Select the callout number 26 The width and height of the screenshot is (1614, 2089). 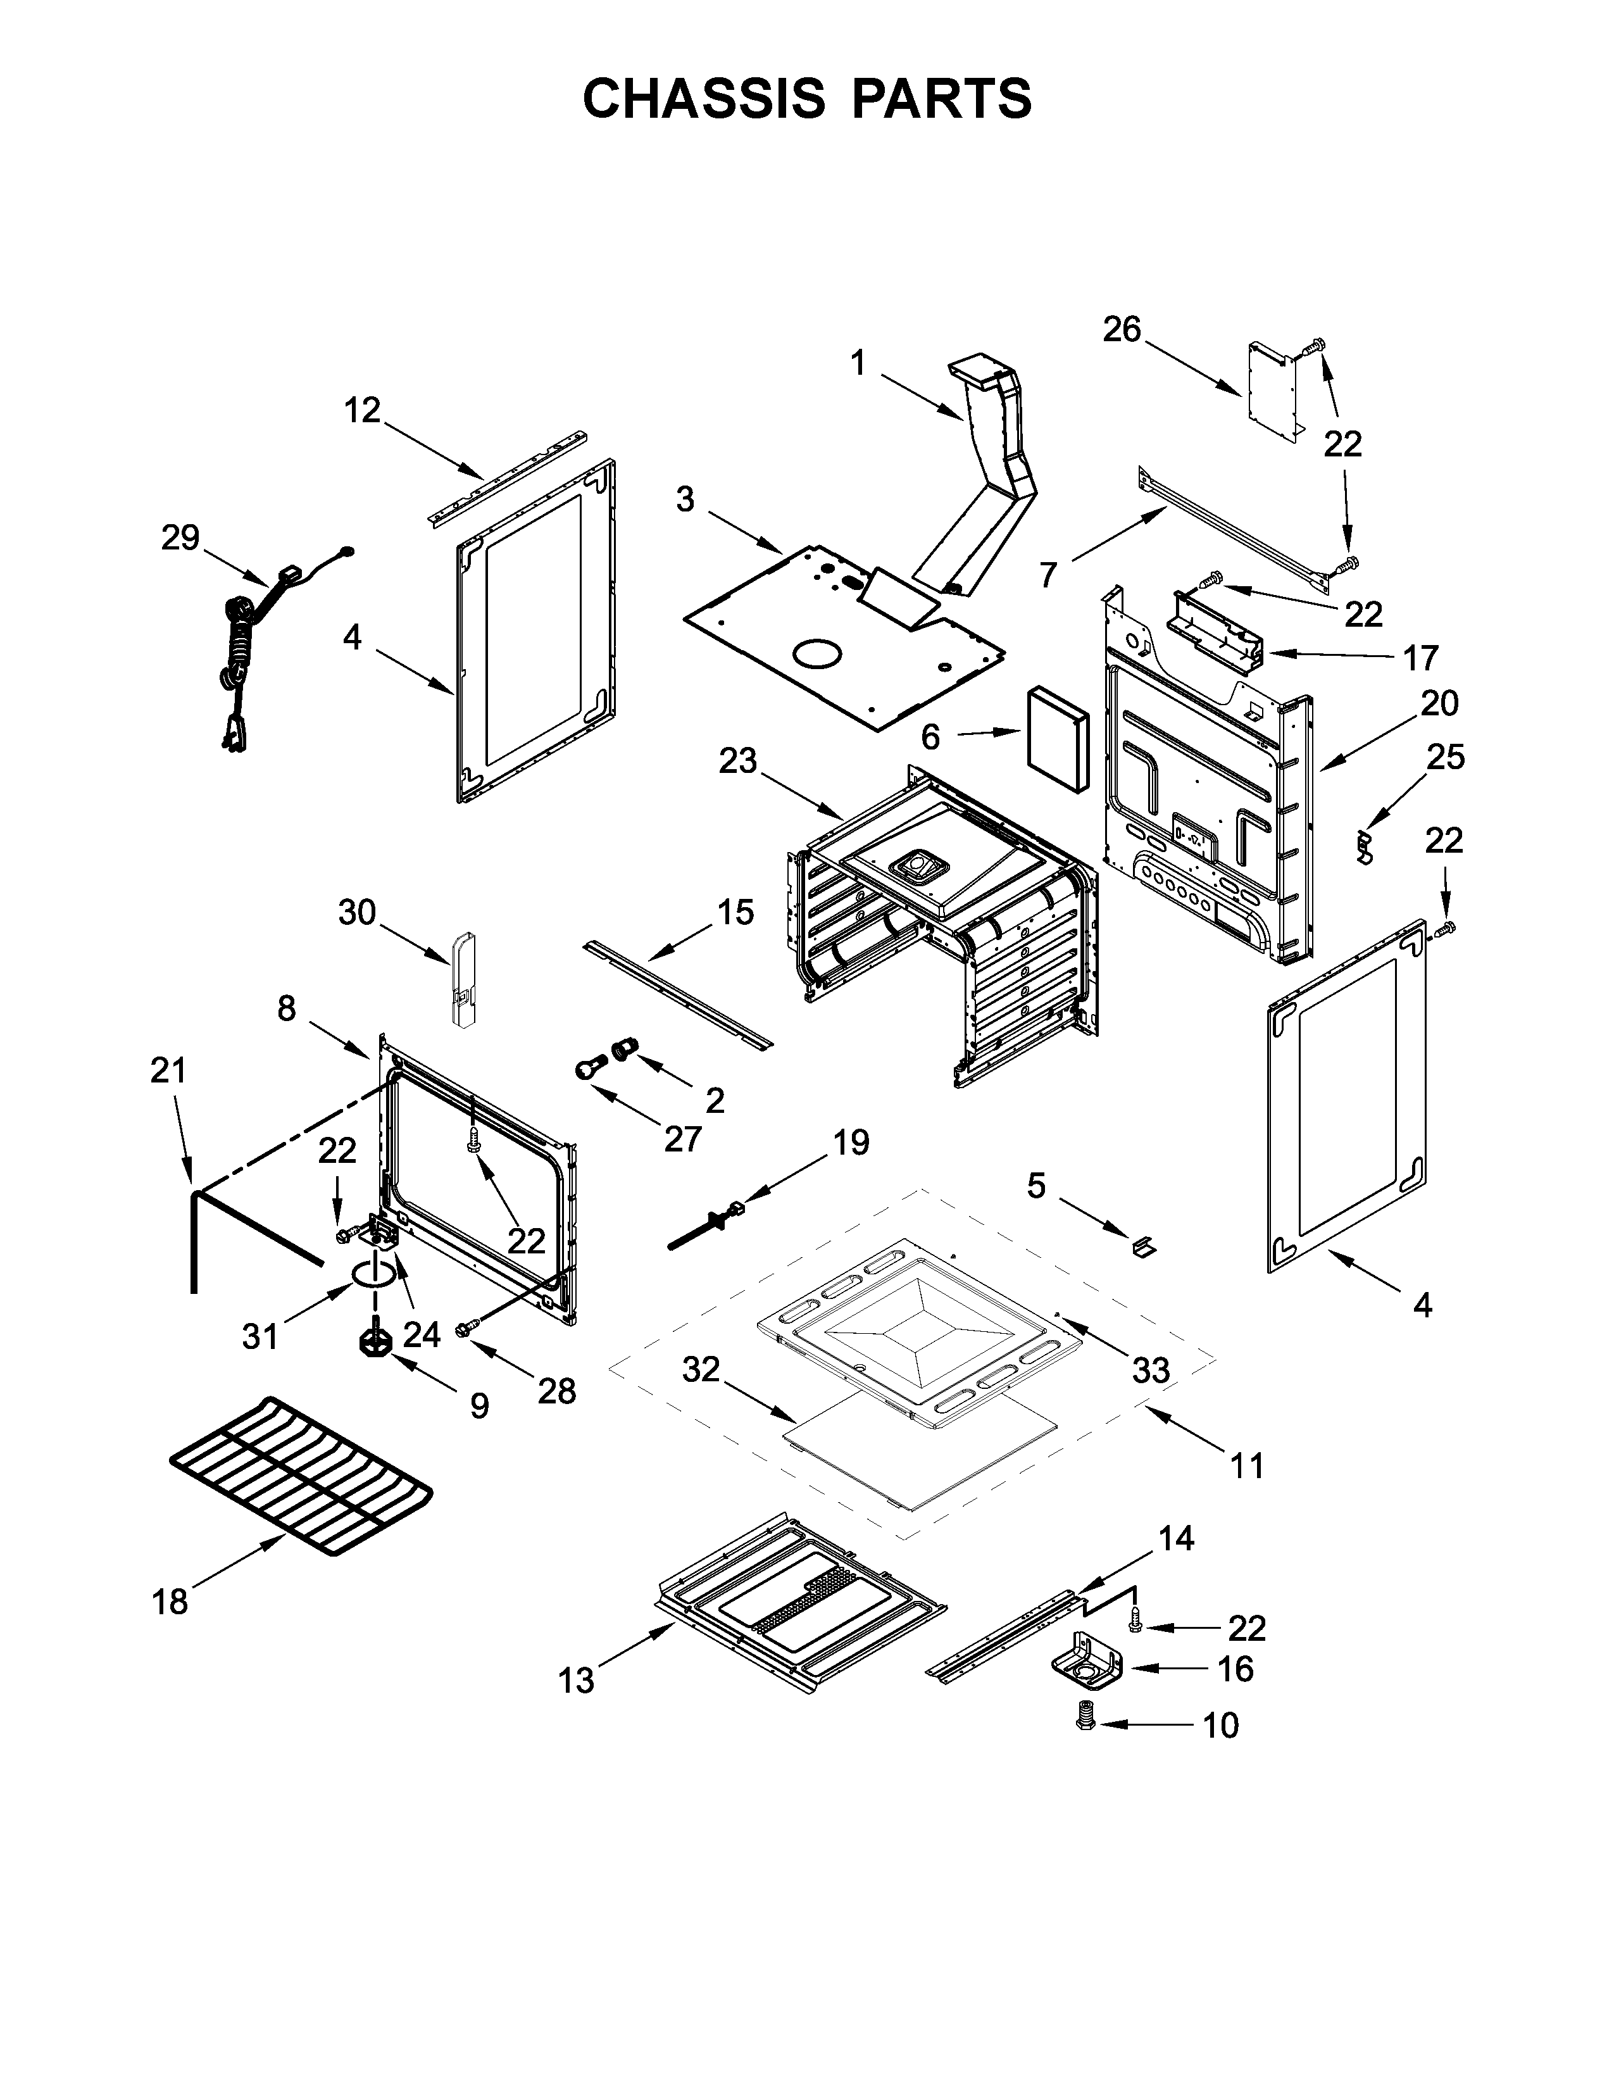point(1122,330)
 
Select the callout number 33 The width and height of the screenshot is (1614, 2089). point(1150,1371)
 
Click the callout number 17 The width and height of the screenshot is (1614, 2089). point(1420,658)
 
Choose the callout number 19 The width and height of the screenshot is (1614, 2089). point(850,1142)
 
